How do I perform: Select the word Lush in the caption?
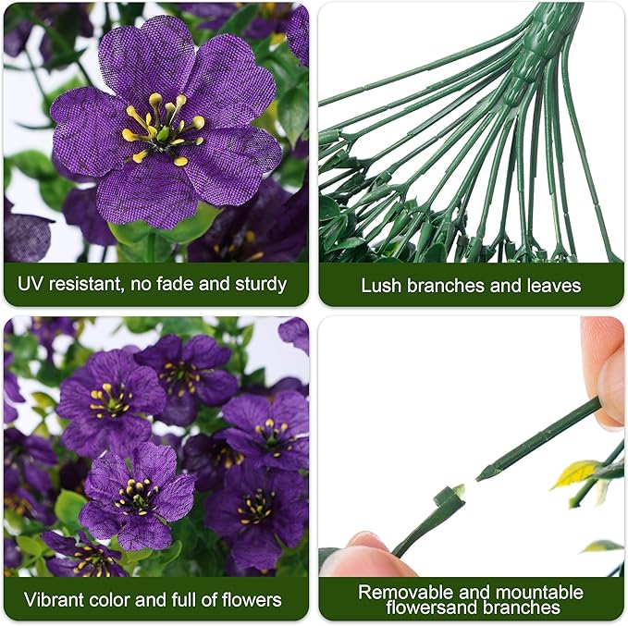point(379,285)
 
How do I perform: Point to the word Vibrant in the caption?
point(55,599)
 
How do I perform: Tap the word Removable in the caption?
point(403,591)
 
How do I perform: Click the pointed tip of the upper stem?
point(481,476)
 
